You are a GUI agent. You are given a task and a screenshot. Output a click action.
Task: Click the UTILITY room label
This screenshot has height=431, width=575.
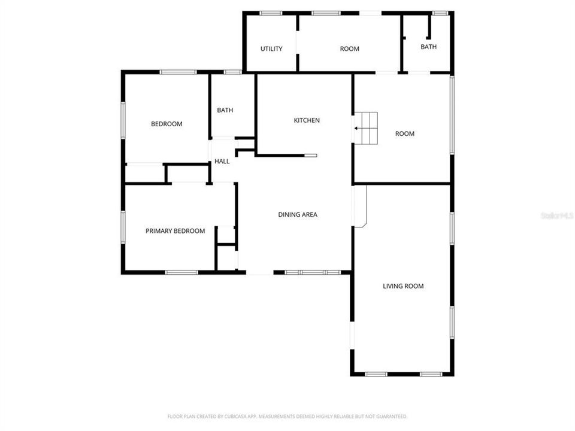[x=271, y=48]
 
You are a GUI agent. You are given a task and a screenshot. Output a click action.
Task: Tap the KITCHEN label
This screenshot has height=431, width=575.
[x=307, y=120]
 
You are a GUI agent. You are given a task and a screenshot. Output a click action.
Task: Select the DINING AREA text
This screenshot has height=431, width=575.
[x=298, y=214]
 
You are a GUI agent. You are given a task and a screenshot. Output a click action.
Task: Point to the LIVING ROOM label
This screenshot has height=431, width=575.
[x=403, y=286]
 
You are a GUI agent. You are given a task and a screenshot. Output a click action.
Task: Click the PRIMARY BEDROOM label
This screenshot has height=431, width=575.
[x=175, y=231]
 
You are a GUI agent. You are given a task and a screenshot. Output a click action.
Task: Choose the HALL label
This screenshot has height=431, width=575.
[x=222, y=161]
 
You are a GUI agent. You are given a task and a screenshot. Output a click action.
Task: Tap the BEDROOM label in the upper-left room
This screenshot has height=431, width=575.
[x=167, y=124]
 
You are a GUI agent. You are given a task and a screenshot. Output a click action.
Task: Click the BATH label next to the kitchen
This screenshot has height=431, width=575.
[x=225, y=110]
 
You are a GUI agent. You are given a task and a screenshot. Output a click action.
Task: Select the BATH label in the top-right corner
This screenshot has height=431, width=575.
[x=429, y=47]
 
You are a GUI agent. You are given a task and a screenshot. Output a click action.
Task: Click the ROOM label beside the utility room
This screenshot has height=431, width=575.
[x=350, y=48]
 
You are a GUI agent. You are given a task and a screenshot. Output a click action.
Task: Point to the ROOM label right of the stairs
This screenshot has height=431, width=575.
[x=405, y=133]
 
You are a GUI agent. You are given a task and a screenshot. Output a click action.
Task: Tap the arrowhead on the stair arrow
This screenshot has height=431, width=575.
[x=356, y=128]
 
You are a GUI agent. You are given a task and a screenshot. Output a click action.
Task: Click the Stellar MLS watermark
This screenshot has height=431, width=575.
[x=556, y=214]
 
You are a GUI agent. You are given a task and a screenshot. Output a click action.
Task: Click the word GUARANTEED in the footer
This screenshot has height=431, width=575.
[x=390, y=416]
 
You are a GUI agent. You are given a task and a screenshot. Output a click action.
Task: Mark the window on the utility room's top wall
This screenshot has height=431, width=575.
[x=271, y=13]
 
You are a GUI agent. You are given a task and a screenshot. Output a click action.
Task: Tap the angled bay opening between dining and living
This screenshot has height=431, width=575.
[x=359, y=206]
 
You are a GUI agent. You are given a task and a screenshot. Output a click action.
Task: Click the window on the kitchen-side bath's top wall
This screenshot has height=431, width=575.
[x=232, y=72]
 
